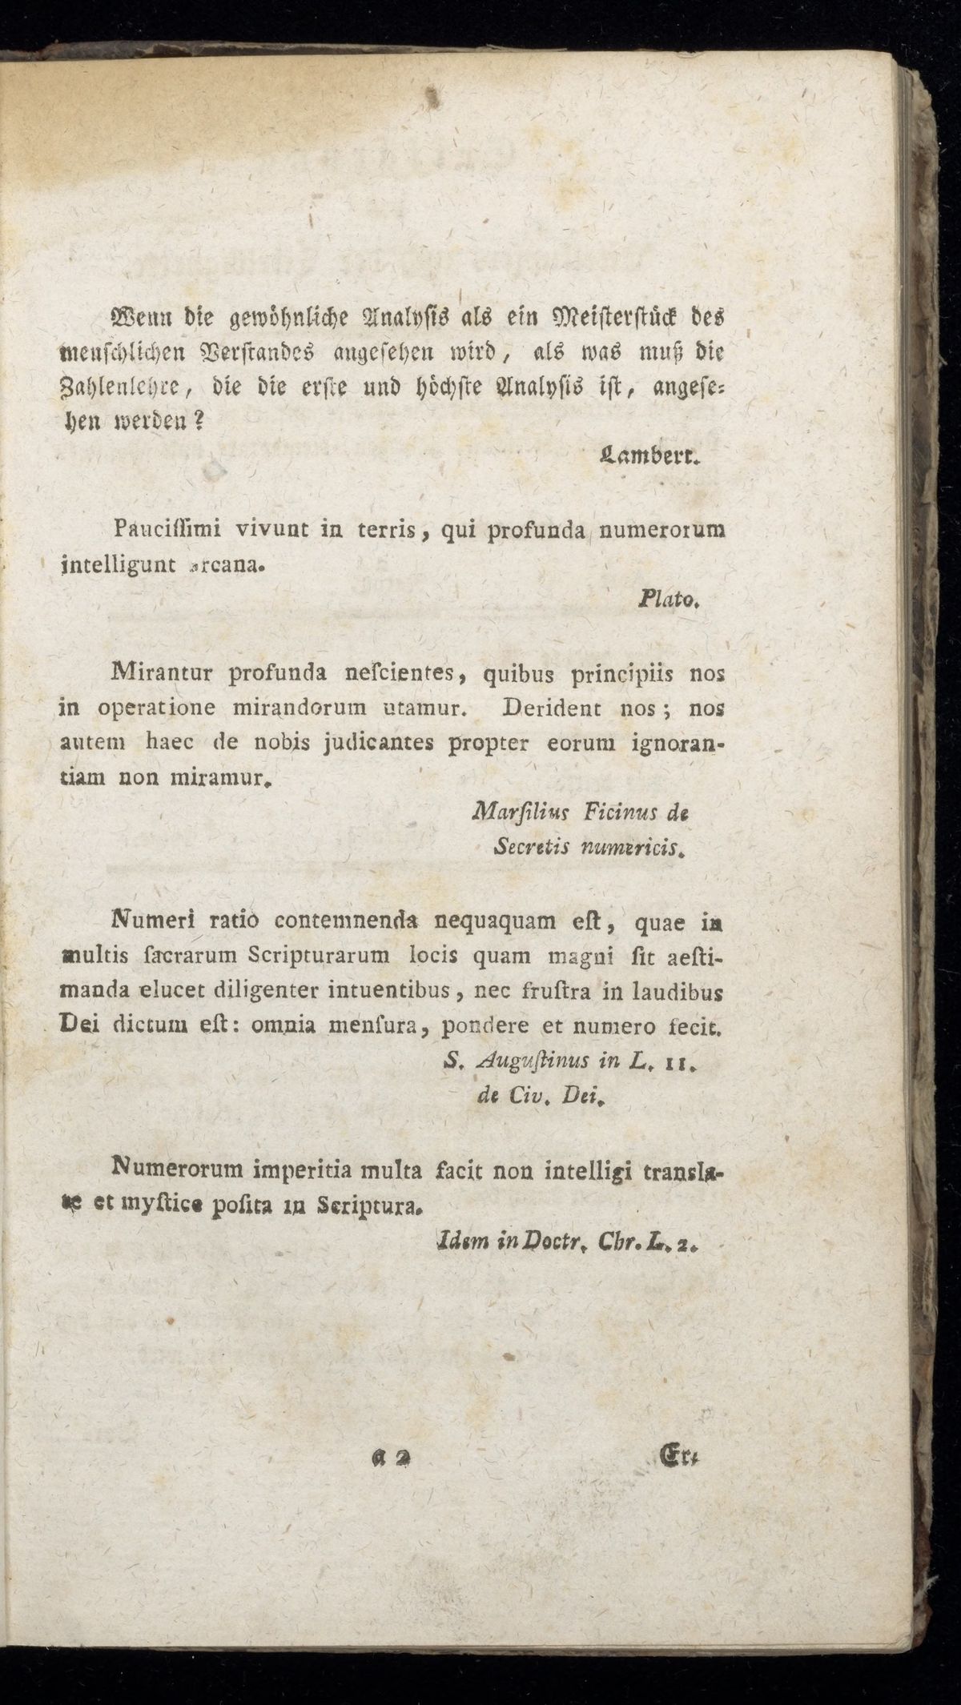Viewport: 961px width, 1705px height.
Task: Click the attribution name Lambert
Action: (649, 460)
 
